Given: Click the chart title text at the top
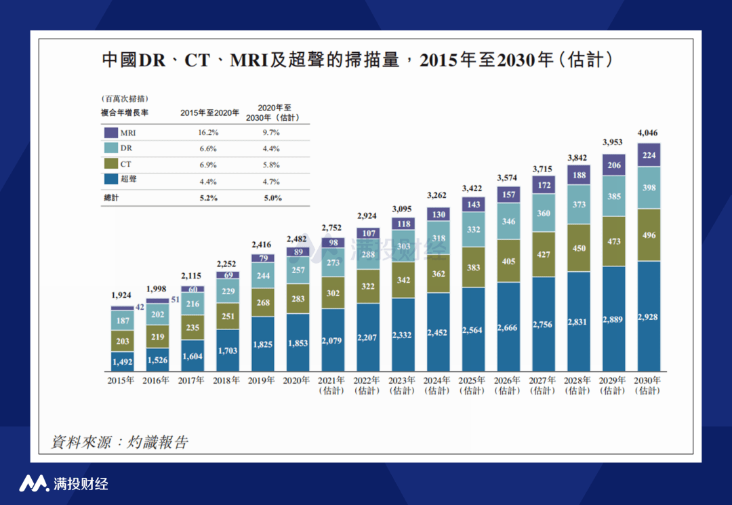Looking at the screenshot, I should tap(357, 60).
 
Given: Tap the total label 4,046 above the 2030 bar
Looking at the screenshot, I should tap(648, 133).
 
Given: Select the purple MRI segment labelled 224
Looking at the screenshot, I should tap(648, 155).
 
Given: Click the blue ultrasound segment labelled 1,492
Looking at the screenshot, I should tap(123, 361).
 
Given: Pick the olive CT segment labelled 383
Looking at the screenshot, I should tap(472, 267).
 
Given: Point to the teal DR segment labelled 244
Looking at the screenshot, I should tap(263, 276).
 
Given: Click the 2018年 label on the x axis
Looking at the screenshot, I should tap(227, 381).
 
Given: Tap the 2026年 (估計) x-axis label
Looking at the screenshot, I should tap(508, 386).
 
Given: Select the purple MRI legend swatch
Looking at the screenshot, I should tap(110, 133).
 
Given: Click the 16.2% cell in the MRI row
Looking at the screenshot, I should tap(209, 133).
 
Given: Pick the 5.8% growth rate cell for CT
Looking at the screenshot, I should tap(271, 165).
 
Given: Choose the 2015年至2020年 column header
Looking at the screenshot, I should tap(209, 113).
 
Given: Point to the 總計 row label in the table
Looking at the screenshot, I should tap(110, 198).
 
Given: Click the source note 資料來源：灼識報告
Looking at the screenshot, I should tap(120, 443).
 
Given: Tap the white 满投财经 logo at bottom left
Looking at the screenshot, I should tap(64, 483).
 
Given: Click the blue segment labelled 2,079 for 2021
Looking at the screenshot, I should tap(333, 340).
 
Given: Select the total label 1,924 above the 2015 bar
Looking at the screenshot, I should tap(123, 296).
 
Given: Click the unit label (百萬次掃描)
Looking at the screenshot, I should tap(125, 99).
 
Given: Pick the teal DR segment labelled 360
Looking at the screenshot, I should tap(543, 213).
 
